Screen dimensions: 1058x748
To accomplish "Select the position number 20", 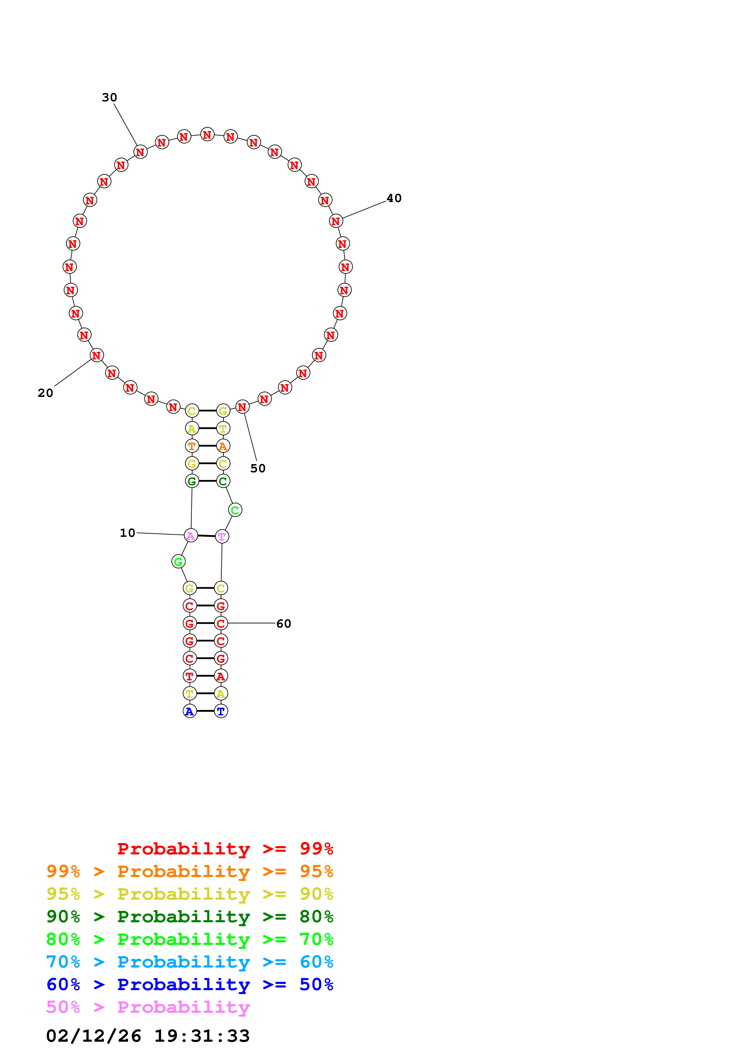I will coord(45,393).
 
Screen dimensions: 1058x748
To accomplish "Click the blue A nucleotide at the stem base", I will coord(189,711).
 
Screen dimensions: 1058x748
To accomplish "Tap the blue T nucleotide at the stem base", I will coord(221,711).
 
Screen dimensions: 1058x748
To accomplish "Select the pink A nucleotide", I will coord(191,535).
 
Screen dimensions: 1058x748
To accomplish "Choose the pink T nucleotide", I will coord(222,536).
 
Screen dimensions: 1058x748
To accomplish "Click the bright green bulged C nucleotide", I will coord(235,510).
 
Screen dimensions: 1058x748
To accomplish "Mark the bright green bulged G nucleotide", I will coord(178,562).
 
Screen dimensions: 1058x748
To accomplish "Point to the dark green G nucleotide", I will coord(192,481).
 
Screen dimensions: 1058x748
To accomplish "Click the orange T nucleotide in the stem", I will coord(192,446).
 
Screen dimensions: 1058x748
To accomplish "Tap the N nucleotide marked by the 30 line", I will coord(140,152).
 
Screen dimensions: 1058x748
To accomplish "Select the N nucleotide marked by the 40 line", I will coord(336,221).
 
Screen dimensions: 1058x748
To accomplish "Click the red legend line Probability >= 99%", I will coord(225,848).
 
